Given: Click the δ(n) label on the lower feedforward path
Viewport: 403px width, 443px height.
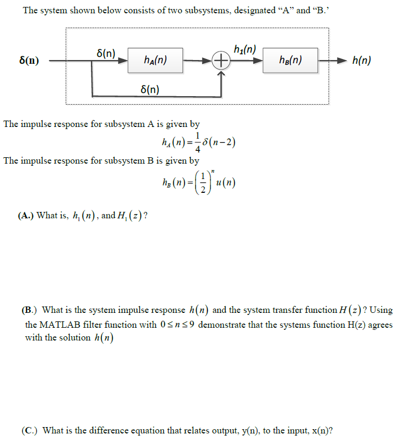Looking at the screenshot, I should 149,89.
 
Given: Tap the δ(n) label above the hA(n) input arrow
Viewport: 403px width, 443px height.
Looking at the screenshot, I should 106,53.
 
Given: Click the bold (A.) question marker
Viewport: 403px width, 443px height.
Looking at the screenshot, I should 26,216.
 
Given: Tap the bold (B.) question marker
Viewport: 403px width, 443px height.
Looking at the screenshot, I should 30,310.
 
